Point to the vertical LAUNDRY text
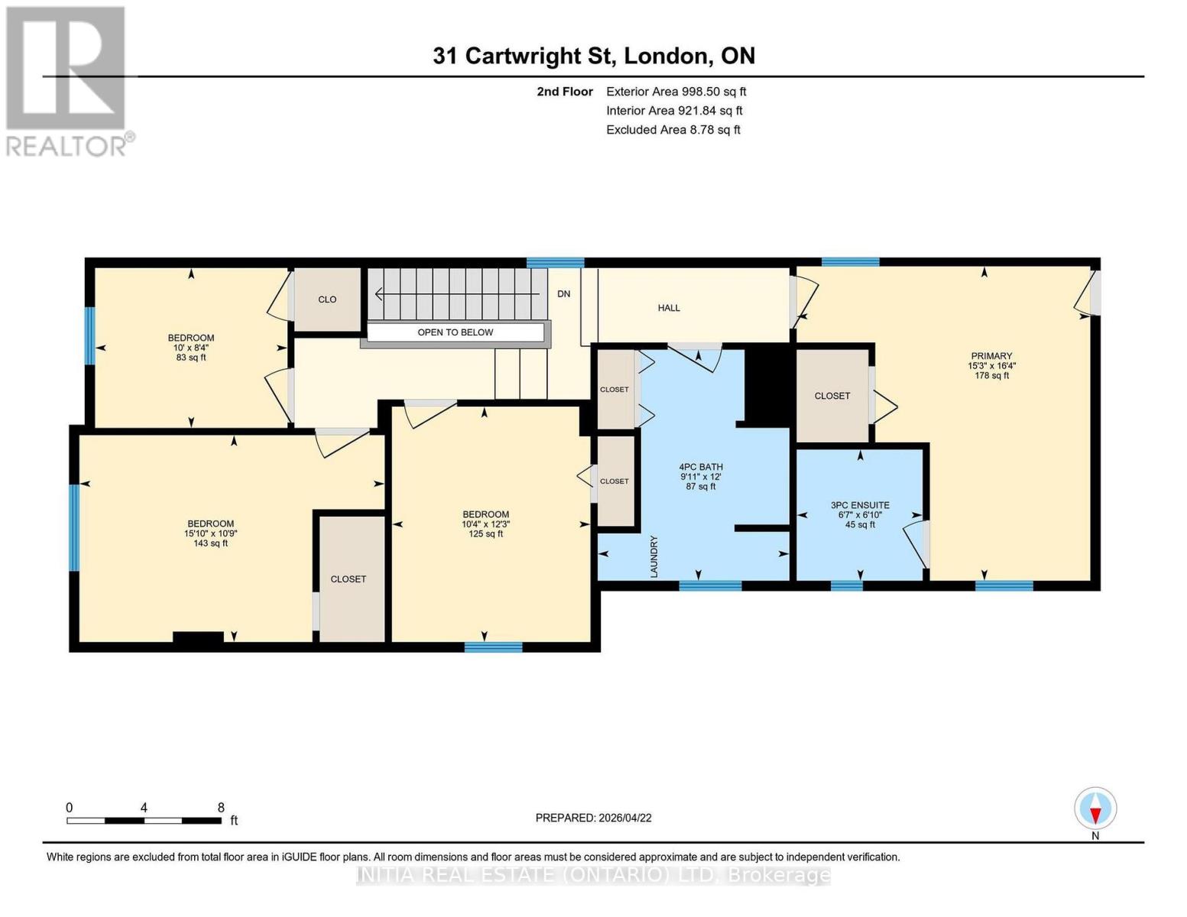click(654, 556)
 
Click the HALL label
click(669, 308)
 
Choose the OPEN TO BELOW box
click(456, 332)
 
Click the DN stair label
click(563, 294)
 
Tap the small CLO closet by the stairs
click(327, 300)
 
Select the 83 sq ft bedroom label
click(191, 348)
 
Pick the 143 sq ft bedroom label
click(210, 533)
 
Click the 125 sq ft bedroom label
click(485, 524)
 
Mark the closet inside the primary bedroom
click(832, 396)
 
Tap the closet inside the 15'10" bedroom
click(349, 579)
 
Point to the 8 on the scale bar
click(221, 808)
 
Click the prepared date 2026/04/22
click(593, 818)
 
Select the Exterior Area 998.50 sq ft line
click(676, 92)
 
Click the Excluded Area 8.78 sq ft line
click(673, 130)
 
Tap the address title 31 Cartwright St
click(593, 56)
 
